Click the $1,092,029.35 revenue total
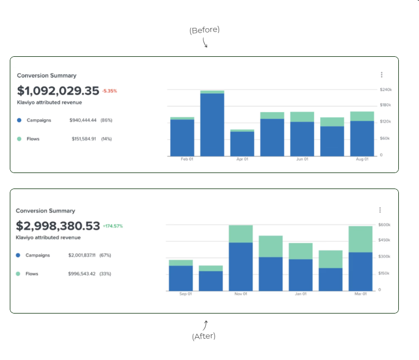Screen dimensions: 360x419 click(58, 91)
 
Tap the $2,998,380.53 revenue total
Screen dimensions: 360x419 click(58, 226)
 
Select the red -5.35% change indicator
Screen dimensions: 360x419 click(110, 91)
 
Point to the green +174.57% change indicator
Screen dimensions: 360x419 click(113, 226)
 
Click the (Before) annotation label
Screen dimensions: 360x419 click(205, 30)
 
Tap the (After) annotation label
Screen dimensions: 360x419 click(204, 336)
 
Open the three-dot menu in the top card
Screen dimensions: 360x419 click(381, 75)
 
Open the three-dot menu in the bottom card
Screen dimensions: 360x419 click(380, 210)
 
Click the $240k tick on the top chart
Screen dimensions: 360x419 click(386, 90)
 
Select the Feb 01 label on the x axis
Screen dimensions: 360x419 click(187, 159)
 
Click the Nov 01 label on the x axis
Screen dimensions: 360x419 click(241, 294)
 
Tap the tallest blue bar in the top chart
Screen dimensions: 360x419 click(212, 124)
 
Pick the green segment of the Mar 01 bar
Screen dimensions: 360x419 click(361, 239)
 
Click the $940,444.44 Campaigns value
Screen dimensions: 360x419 click(83, 120)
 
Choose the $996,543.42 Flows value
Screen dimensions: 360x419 click(82, 274)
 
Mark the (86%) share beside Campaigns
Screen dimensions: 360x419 click(106, 120)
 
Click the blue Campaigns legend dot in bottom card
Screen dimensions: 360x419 click(18, 255)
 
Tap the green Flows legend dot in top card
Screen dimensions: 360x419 click(19, 139)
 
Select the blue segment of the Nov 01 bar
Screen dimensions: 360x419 click(241, 266)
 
